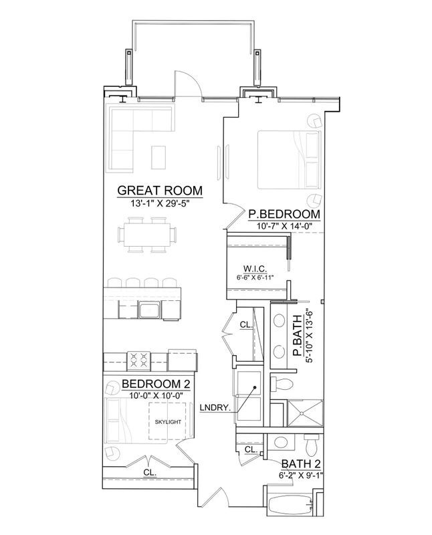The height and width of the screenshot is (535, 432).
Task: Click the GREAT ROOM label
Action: [160, 191]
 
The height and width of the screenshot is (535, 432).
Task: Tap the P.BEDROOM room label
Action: [284, 214]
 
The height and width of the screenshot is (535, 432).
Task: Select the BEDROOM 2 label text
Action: [156, 384]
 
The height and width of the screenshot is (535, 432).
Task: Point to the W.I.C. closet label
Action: [255, 269]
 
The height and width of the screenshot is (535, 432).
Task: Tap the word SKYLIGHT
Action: [168, 422]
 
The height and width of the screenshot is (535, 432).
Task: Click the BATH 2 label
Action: [301, 464]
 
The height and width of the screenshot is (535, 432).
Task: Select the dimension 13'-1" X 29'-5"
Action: [160, 204]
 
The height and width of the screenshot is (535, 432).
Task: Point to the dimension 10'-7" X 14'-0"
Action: [284, 226]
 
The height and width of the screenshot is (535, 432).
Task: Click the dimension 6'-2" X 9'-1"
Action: [301, 475]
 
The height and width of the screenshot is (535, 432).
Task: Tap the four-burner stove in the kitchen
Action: [139, 361]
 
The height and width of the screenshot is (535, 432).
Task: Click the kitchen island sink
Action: [148, 310]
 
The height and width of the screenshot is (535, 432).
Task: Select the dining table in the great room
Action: [147, 235]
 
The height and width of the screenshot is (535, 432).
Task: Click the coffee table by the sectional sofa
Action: [158, 157]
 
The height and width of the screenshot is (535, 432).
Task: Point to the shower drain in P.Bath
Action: [302, 413]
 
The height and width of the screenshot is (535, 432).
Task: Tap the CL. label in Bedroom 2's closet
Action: [150, 473]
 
